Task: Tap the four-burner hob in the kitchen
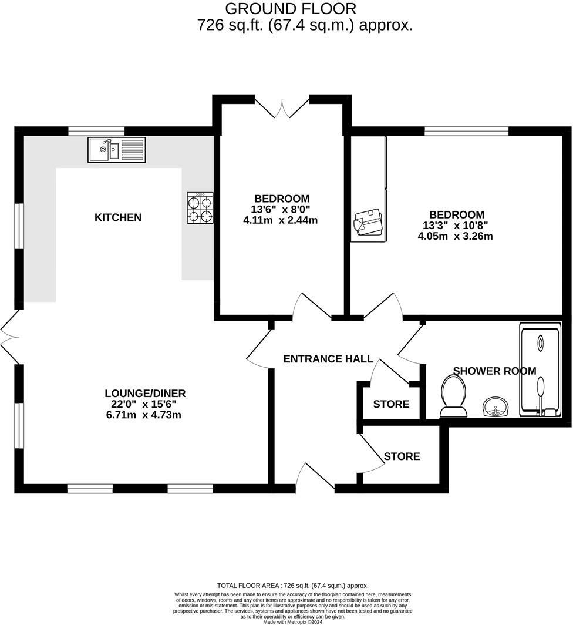click(x=200, y=209)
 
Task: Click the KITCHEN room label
click(x=118, y=217)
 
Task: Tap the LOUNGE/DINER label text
click(x=145, y=394)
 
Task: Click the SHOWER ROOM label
click(x=494, y=371)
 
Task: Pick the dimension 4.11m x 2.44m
click(x=281, y=220)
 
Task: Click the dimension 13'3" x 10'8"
click(x=456, y=226)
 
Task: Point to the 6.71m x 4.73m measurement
click(x=145, y=415)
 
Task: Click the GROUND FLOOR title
click(x=291, y=9)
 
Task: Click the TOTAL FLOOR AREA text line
click(x=292, y=586)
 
